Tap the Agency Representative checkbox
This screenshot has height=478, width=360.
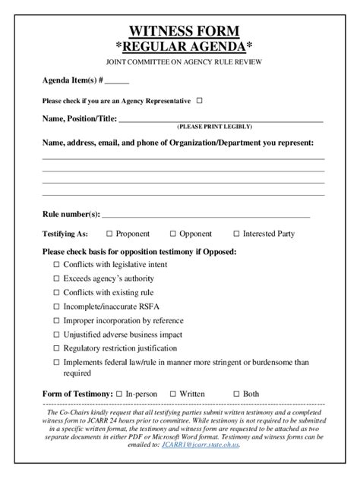coord(200,100)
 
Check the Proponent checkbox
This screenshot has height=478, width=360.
coord(109,234)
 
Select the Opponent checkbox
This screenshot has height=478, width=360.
coord(173,234)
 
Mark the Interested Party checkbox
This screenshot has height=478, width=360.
coord(236,234)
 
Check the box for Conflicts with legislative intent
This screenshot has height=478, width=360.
coord(56,265)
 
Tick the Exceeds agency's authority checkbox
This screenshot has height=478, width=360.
coord(56,278)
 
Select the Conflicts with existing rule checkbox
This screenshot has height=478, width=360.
coord(56,293)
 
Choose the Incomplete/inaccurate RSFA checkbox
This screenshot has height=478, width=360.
coord(56,307)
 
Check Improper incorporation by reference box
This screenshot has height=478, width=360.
coord(56,320)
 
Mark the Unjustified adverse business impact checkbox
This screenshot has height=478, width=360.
coord(56,335)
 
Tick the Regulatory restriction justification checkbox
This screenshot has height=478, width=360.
coord(56,348)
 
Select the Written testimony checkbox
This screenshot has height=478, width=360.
coord(173,394)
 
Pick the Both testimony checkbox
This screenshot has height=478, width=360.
coord(236,394)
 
